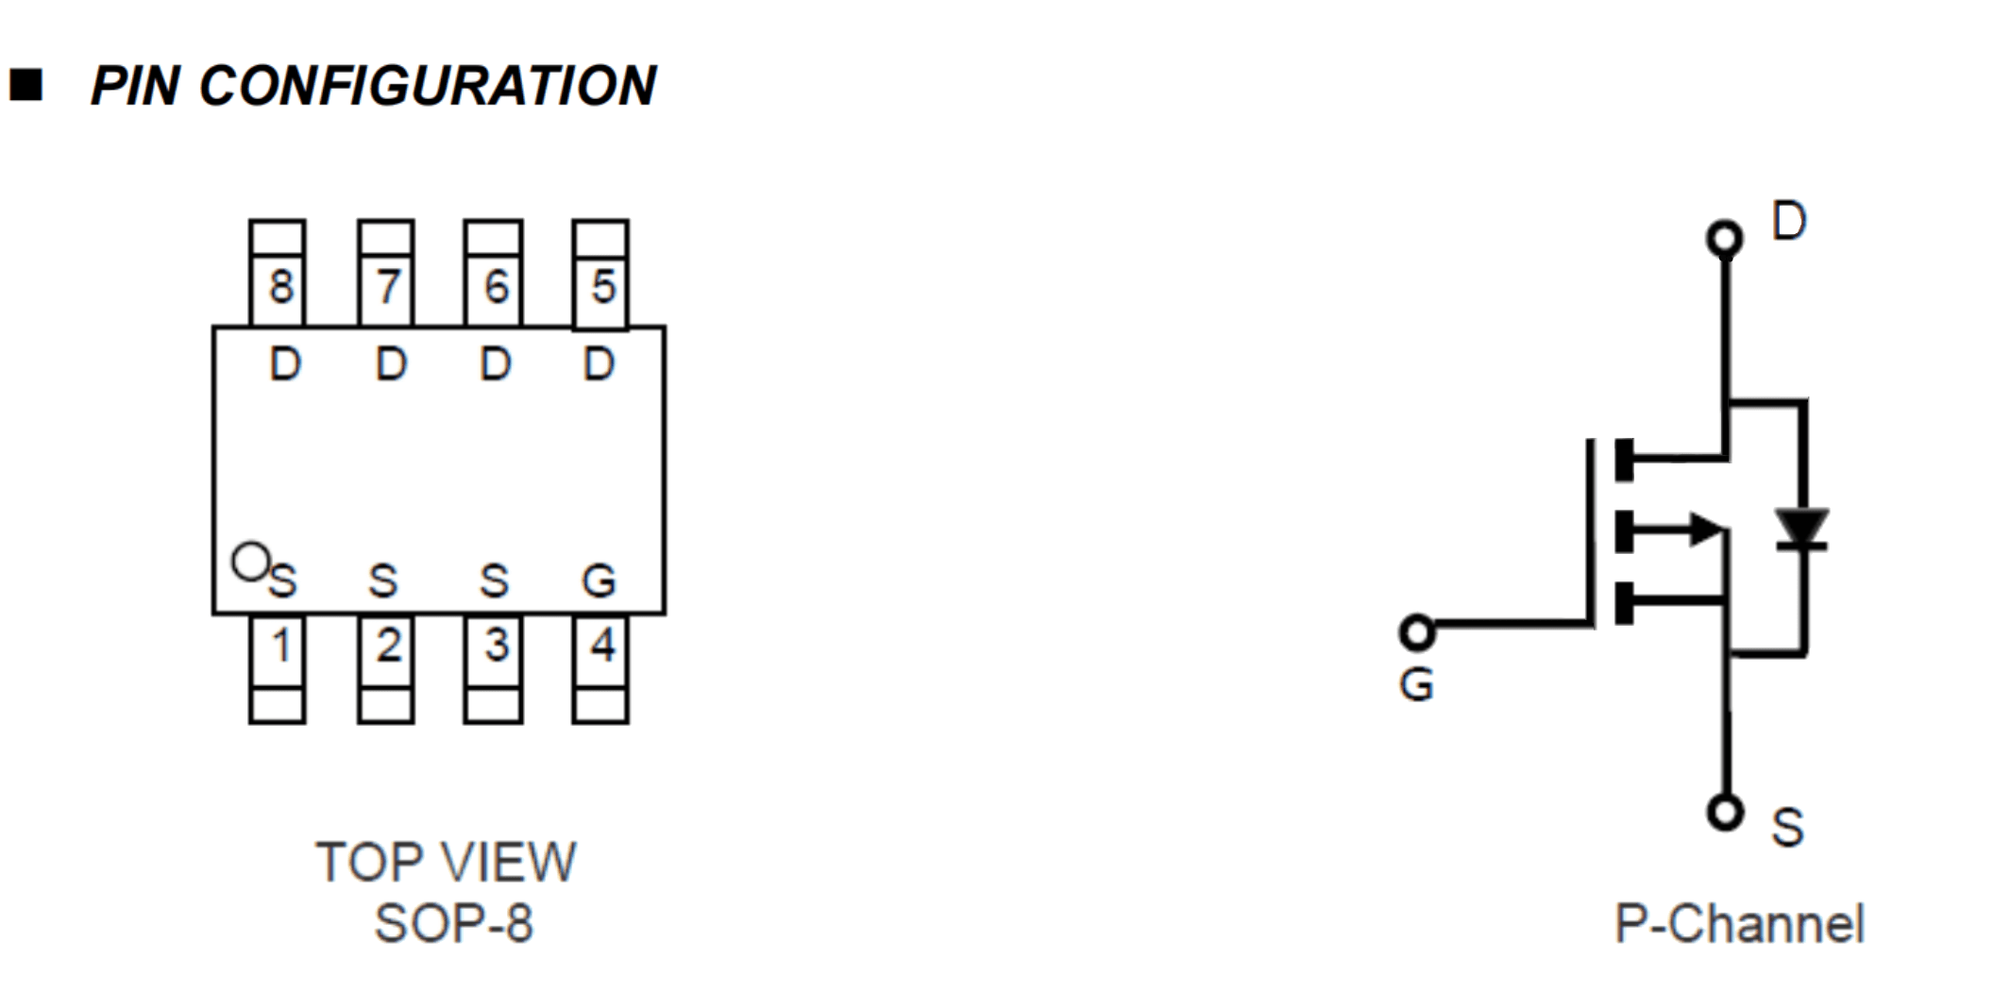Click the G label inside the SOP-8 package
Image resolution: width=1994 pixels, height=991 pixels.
point(599,580)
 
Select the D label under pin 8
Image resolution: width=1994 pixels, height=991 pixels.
point(285,364)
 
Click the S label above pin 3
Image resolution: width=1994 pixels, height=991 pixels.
point(494,580)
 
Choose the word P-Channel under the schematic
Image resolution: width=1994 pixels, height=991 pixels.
point(1739,923)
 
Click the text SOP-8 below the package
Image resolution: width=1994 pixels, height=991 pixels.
point(454,923)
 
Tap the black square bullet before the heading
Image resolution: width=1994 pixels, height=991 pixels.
point(26,85)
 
